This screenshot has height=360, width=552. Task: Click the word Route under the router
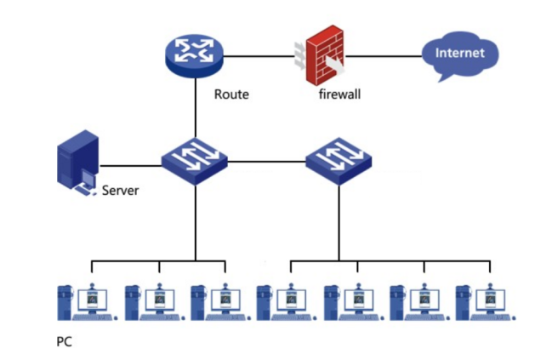(x=231, y=94)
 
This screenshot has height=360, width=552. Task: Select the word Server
(x=120, y=191)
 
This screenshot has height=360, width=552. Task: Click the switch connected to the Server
(x=195, y=159)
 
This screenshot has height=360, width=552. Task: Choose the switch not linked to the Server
(x=339, y=159)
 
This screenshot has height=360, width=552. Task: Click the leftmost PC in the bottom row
(x=84, y=302)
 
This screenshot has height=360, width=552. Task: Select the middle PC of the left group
(x=151, y=302)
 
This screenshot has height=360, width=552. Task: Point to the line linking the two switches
(x=267, y=160)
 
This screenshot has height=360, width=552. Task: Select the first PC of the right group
(x=284, y=302)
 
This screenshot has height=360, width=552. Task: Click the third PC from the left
(x=217, y=302)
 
